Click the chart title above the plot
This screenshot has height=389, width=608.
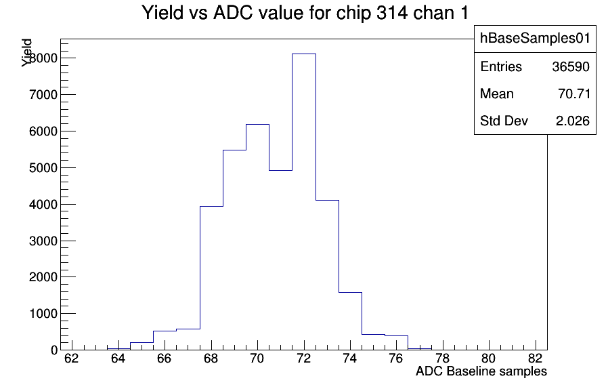(x=305, y=13)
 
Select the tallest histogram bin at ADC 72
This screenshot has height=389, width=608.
(x=304, y=202)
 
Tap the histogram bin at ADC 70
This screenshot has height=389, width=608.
(x=257, y=237)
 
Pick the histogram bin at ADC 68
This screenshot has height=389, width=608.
(x=211, y=278)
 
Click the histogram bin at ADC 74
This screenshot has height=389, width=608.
(x=351, y=321)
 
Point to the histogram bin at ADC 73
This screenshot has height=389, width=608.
(x=327, y=275)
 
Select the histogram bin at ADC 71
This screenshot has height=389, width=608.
(x=281, y=260)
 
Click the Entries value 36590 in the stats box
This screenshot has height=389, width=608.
(x=571, y=67)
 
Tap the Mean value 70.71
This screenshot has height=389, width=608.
(x=574, y=94)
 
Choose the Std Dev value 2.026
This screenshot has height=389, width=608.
(x=573, y=121)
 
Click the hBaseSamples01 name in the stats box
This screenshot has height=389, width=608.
(x=535, y=39)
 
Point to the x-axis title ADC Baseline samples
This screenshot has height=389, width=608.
(x=481, y=371)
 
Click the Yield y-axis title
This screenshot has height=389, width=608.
(x=26, y=53)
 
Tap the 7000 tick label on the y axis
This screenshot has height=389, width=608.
(x=43, y=95)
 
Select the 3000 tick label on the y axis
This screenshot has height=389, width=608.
(x=43, y=241)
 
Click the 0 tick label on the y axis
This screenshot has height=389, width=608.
(x=54, y=350)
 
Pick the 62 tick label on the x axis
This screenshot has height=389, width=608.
(x=72, y=358)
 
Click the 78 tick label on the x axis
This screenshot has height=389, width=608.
(x=442, y=358)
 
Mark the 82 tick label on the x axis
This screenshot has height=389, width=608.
(x=535, y=358)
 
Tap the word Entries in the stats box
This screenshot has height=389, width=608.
(x=501, y=67)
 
